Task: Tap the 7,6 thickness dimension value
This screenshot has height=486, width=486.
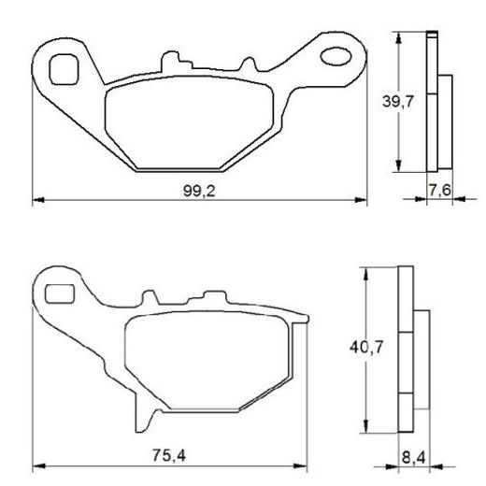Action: click(x=440, y=191)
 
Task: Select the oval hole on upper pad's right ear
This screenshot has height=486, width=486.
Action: click(x=336, y=58)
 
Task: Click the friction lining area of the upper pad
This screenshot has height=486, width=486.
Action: click(x=193, y=124)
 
